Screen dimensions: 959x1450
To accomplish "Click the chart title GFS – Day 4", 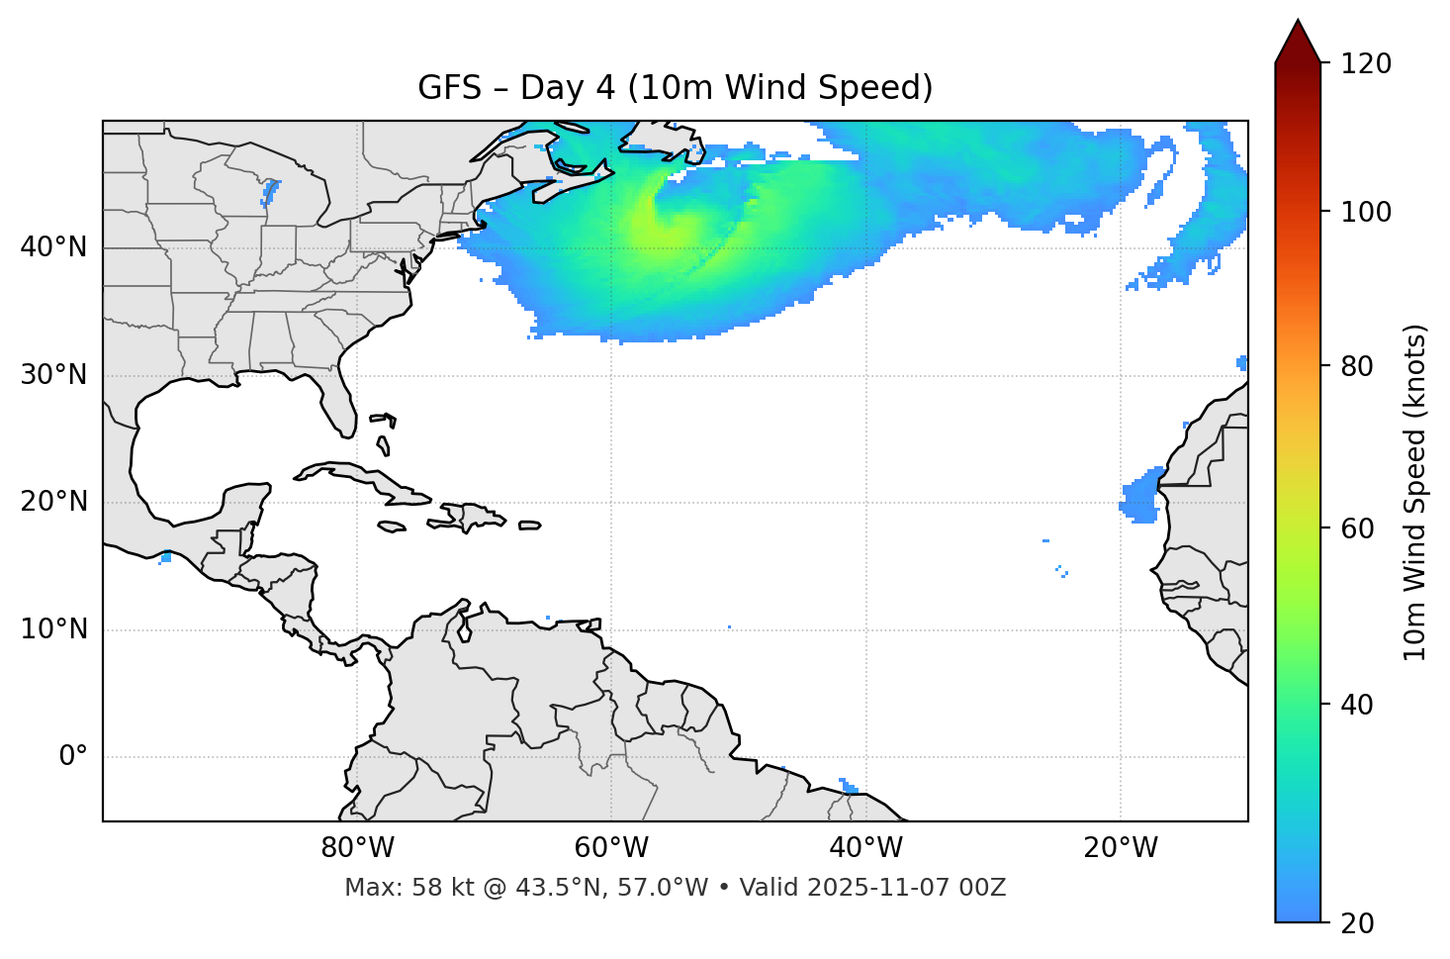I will [x=675, y=88].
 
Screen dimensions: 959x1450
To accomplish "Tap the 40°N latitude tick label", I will [x=53, y=247].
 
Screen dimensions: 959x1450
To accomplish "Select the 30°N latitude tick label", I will [x=53, y=375].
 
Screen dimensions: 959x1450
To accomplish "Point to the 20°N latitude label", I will [x=53, y=502].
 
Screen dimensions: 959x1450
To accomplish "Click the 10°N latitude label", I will [x=53, y=629].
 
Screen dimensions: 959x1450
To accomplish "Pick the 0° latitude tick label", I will [x=73, y=757].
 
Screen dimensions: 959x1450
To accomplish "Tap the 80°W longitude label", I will [x=357, y=848].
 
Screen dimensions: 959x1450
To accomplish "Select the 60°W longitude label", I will [x=611, y=848].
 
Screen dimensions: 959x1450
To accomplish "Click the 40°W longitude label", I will [x=865, y=848].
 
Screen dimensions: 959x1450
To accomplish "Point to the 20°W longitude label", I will [x=1121, y=848].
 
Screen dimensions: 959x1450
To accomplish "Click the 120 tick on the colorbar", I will [x=1366, y=64].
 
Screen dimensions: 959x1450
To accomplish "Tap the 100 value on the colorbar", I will [x=1366, y=212].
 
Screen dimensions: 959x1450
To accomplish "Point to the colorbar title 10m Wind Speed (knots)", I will [x=1415, y=493].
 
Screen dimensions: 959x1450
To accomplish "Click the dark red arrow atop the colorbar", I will [x=1298, y=43].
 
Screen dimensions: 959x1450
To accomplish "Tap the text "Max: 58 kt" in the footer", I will [x=390, y=888].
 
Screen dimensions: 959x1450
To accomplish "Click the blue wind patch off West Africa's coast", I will [x=1142, y=498].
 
